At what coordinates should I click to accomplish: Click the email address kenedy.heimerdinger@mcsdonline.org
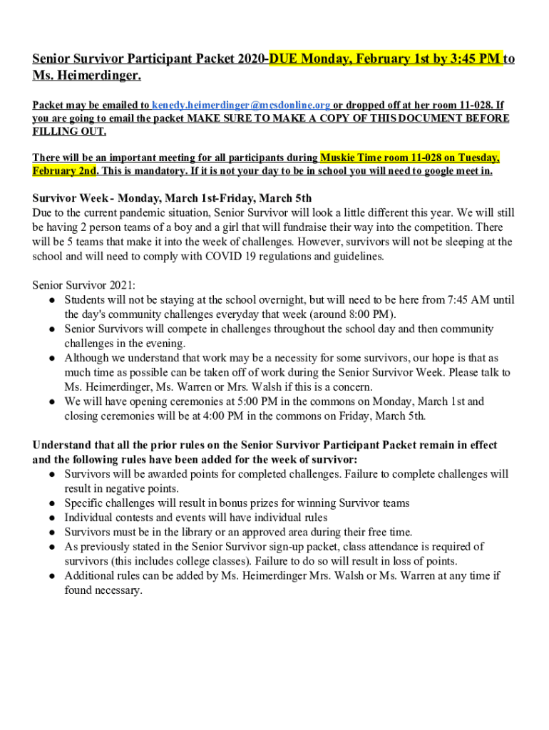(x=241, y=104)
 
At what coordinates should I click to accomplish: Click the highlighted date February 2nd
(x=64, y=172)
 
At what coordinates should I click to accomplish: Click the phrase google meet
(x=441, y=172)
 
